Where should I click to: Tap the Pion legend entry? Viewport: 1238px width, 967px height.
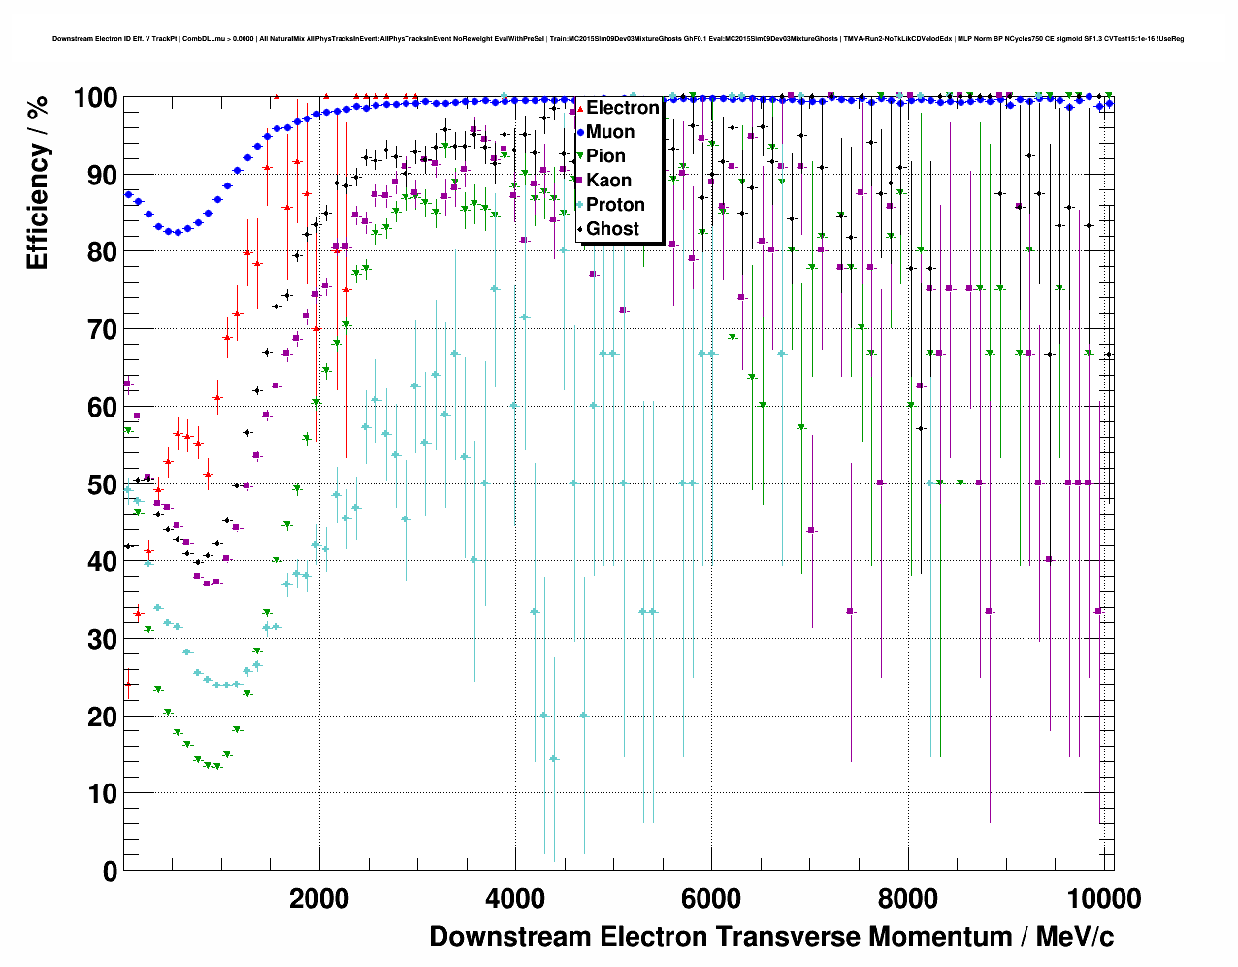pyautogui.click(x=605, y=156)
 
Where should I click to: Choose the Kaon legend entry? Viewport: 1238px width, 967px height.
pyautogui.click(x=608, y=181)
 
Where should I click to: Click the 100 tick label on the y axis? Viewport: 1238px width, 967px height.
pyautogui.click(x=96, y=98)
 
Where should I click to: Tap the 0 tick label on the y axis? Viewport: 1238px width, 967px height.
pyautogui.click(x=110, y=871)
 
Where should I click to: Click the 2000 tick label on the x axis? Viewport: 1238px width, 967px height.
pyautogui.click(x=319, y=898)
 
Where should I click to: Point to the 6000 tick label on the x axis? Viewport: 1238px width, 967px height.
pyautogui.click(x=711, y=898)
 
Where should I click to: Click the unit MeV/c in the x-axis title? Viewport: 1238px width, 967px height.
pyautogui.click(x=1075, y=937)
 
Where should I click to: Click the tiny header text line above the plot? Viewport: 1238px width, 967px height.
pyautogui.click(x=617, y=39)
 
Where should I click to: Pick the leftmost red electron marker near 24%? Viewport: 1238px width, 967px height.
pyautogui.click(x=128, y=684)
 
